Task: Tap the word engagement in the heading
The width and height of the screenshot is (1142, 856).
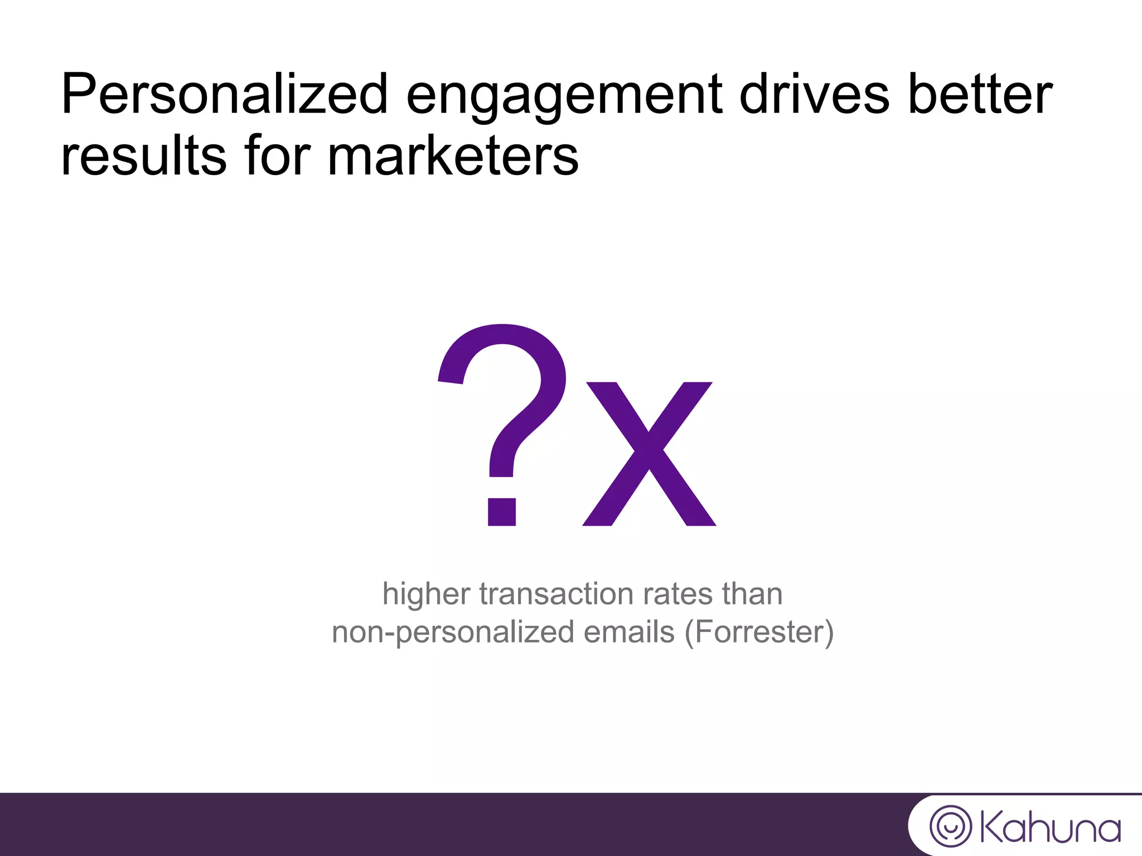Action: coord(564,96)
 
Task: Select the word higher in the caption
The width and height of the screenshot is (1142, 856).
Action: coord(426,594)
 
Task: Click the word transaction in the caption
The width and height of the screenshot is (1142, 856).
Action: coord(555,594)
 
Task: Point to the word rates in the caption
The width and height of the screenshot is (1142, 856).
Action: coord(678,594)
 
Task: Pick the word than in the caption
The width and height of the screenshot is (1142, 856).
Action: coord(752,594)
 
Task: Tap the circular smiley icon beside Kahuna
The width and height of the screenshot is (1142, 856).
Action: coord(950,826)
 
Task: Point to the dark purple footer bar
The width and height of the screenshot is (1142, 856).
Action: coord(446,824)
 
